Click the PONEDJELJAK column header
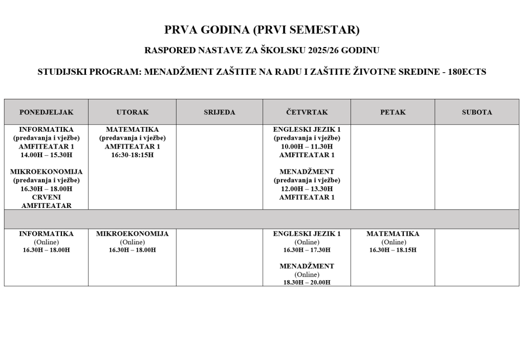click(46, 112)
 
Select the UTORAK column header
click(132, 112)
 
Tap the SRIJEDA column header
click(220, 112)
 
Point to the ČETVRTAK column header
click(307, 112)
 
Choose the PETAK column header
click(393, 112)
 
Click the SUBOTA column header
click(477, 112)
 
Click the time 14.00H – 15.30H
click(46, 155)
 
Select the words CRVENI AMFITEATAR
click(46, 201)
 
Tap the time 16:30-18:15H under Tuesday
click(132, 155)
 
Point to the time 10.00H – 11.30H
click(307, 146)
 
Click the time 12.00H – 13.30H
click(307, 189)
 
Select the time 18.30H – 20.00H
click(307, 283)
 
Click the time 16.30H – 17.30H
click(307, 250)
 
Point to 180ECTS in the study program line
click(467, 72)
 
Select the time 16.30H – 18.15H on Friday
click(393, 250)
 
